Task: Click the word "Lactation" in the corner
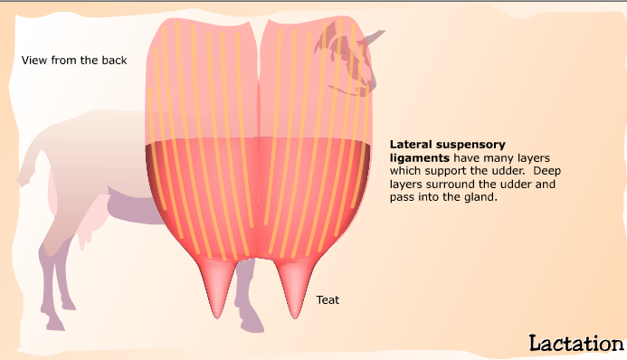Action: [x=575, y=343]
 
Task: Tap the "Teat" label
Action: [x=328, y=299]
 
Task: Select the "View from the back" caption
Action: [x=74, y=61]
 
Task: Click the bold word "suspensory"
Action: [x=473, y=144]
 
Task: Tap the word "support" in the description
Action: [x=449, y=171]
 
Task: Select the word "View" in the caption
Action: [x=34, y=61]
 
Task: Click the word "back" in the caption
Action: [x=114, y=61]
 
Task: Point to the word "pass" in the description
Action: [x=402, y=197]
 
